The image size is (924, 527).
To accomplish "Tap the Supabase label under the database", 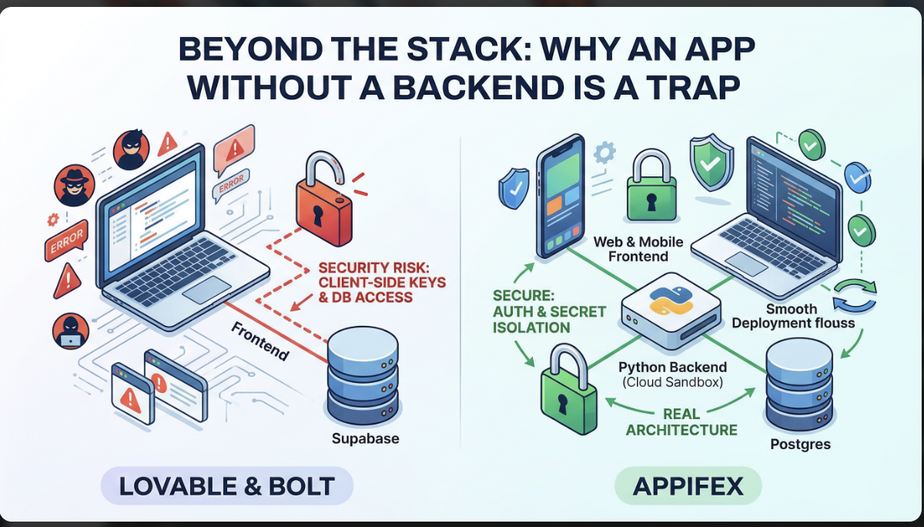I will click(x=365, y=439).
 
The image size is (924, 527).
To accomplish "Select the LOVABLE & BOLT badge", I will click(x=226, y=486).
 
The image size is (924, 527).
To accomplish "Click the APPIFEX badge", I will click(x=688, y=486).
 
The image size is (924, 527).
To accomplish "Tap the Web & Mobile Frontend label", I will click(x=638, y=249).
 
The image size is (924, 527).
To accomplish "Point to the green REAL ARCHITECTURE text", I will click(x=681, y=422).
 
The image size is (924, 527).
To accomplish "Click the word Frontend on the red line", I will click(x=260, y=341).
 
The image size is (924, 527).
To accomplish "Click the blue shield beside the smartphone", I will click(x=513, y=189).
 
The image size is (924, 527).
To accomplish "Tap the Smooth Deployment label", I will click(x=792, y=316).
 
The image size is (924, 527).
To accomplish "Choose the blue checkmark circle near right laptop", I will click(x=856, y=178).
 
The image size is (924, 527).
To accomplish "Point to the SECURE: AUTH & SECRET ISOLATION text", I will click(x=549, y=311).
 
